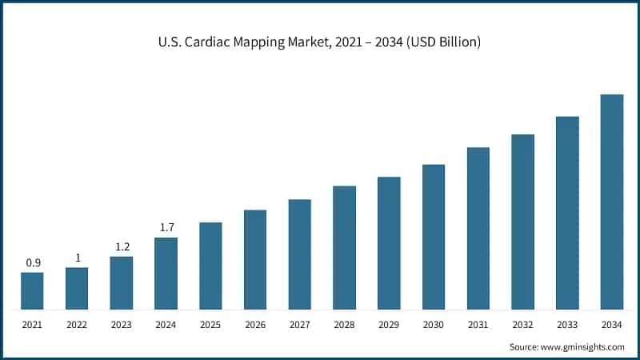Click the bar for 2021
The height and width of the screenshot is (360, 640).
coord(32,290)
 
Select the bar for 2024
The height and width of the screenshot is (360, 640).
coord(166,273)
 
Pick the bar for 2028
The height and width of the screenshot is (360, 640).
coord(344,247)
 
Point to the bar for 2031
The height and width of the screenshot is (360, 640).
coord(478,228)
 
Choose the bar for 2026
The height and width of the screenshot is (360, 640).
coord(255,259)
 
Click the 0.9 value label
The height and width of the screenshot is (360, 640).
coord(32,262)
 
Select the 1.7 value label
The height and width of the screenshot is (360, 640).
coord(166,227)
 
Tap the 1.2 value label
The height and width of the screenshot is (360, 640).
coord(122,246)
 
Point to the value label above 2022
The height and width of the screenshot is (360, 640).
coord(77,257)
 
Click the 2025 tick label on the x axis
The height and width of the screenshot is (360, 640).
coord(210,326)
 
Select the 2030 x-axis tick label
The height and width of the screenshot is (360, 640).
coord(434,326)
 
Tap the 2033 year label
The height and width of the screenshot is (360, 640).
coord(567,326)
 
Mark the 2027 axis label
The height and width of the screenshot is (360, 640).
coord(300,326)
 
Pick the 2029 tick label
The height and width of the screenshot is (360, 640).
coord(389,326)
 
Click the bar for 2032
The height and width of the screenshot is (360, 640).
coord(523,222)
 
